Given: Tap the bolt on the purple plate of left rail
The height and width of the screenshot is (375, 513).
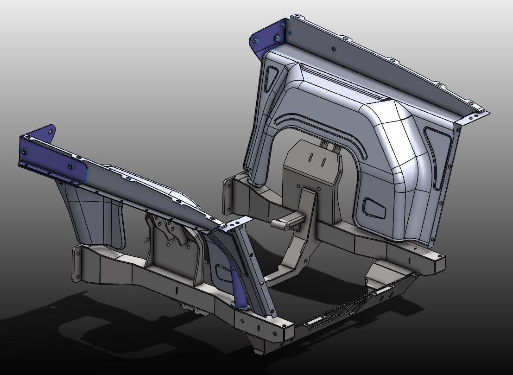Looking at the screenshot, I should tap(70, 167).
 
